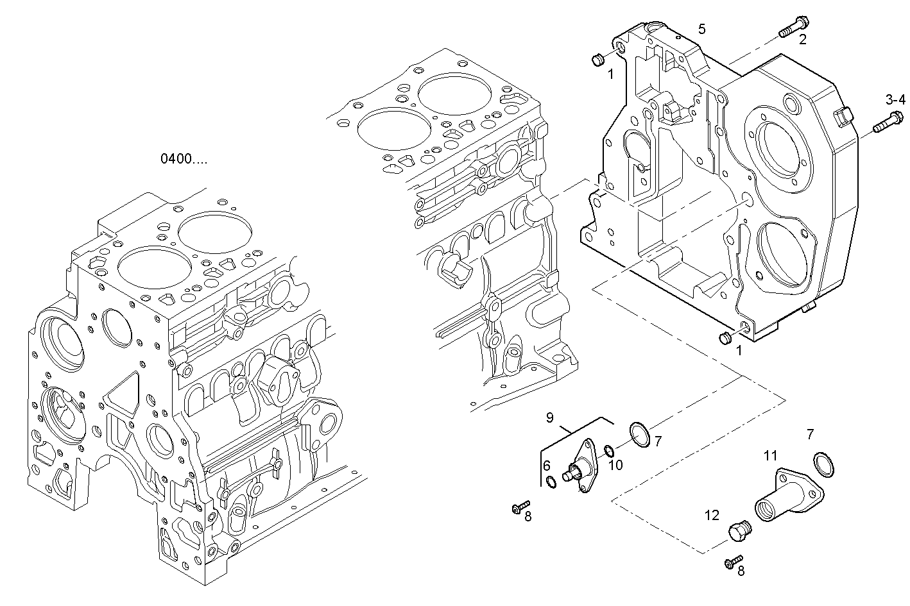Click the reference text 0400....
[184, 158]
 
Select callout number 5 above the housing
[701, 29]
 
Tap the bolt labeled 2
[790, 28]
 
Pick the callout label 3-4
[895, 99]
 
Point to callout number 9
[550, 418]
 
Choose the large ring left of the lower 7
[639, 434]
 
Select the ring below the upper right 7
[825, 464]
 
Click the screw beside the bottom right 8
[733, 562]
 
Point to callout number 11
[770, 456]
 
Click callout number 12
[712, 515]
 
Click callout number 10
[615, 465]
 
